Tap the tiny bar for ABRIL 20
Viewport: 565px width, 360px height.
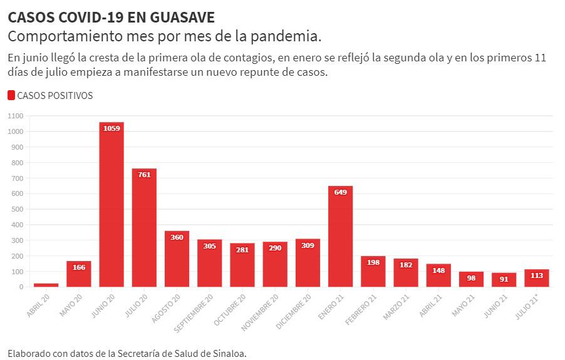coord(46,285)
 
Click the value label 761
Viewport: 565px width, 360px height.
coord(144,175)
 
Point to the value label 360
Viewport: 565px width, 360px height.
coord(177,237)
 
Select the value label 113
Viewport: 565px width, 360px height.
coord(537,275)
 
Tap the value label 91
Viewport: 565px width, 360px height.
coord(504,279)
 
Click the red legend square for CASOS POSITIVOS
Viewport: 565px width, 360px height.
coord(11,96)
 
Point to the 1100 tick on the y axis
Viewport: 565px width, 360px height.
coord(16,116)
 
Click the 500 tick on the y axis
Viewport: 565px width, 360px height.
coord(18,209)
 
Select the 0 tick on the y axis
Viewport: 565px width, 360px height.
coord(21,287)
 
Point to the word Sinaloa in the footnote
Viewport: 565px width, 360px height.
coord(228,353)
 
